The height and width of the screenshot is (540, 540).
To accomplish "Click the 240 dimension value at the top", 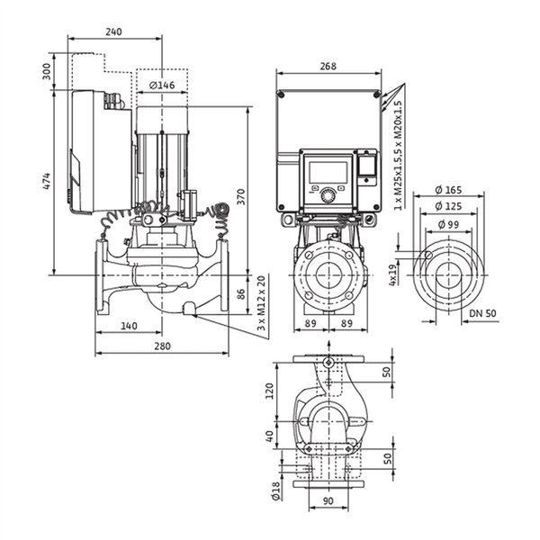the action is pos(113,31).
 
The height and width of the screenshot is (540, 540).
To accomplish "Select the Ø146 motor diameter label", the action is pos(162,85).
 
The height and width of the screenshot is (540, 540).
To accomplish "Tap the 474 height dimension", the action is pos(47,181).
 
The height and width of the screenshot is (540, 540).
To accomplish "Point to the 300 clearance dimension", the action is pos(47,71).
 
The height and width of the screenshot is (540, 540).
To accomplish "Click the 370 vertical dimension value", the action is pos(241,196).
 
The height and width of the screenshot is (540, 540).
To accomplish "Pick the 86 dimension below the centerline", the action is pos(241,293).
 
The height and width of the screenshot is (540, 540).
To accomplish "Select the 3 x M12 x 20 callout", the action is pos(262,303).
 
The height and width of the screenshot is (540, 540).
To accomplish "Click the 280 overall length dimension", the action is pos(162,346).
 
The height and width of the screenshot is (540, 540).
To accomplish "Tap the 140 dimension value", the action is pos(129,326).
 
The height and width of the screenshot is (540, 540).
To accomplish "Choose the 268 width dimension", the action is pos(328,66).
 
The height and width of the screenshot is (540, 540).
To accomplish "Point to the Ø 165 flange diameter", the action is pos(448,189).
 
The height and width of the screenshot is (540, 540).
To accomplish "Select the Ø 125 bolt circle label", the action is pos(448,206).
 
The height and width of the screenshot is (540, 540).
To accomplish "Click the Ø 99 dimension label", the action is pos(448,224).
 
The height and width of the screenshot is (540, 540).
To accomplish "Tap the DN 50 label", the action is pos(482,313).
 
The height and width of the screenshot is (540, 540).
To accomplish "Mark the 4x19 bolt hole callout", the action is pos(393,274).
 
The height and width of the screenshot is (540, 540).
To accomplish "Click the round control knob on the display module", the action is pos(328,196).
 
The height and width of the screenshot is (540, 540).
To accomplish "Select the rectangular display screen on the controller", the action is pos(328,172).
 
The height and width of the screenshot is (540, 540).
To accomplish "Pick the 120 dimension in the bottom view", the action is pos(270,391).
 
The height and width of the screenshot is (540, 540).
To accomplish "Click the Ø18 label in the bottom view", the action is pos(275,490).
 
